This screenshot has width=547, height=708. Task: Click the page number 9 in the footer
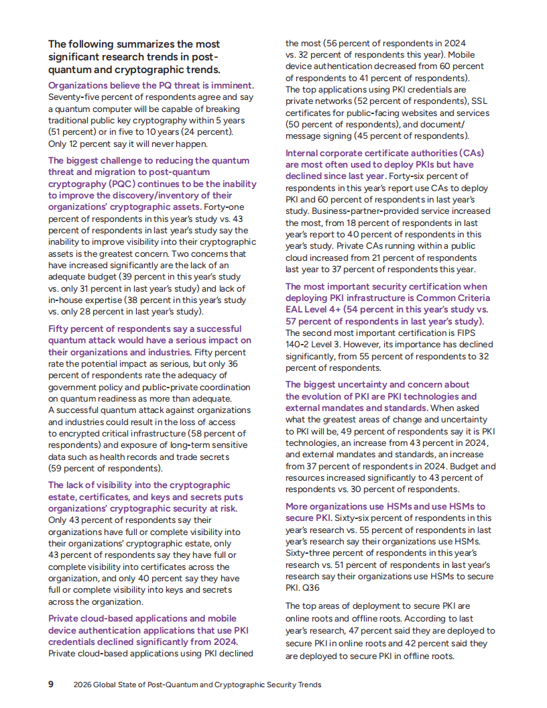(x=51, y=685)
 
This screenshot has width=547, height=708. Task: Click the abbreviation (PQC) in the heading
(x=119, y=184)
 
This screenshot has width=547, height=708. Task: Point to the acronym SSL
(x=479, y=101)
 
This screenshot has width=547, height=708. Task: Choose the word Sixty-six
(x=355, y=518)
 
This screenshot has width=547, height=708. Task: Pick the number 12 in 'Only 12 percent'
(x=76, y=143)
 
